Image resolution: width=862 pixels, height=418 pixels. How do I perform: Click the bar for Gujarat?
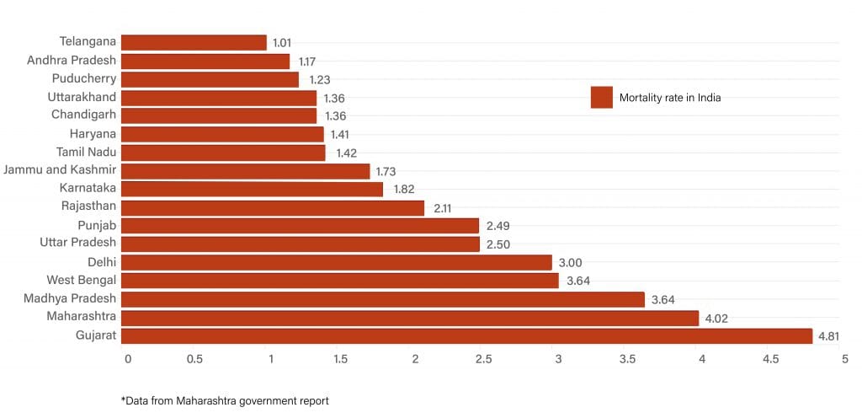tap(466, 336)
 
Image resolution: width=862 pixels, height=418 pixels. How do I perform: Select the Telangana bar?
tap(194, 42)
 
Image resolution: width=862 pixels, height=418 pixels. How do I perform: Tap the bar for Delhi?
tap(336, 262)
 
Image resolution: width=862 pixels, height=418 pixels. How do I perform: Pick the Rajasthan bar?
tap(273, 207)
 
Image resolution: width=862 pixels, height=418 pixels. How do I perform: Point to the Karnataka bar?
tap(252, 190)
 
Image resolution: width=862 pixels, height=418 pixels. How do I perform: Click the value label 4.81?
tap(829, 337)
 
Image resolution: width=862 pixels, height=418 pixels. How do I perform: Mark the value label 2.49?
tap(498, 226)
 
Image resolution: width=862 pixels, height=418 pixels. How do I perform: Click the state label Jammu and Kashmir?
tap(60, 170)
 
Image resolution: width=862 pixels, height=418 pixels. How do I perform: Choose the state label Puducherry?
tap(84, 78)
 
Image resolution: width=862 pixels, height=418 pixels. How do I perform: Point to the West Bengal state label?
tap(82, 280)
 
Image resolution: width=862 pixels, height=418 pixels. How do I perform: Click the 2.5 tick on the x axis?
tap(483, 359)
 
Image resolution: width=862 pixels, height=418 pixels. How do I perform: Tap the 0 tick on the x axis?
tap(127, 359)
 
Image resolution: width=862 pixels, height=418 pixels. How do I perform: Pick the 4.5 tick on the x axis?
tap(771, 359)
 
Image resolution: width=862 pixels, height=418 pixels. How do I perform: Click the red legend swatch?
tap(601, 98)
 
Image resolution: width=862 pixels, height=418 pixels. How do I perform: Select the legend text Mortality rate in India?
tap(670, 98)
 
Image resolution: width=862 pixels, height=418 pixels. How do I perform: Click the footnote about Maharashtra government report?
tap(225, 400)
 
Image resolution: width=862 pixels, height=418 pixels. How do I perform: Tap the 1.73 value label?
tap(387, 171)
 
